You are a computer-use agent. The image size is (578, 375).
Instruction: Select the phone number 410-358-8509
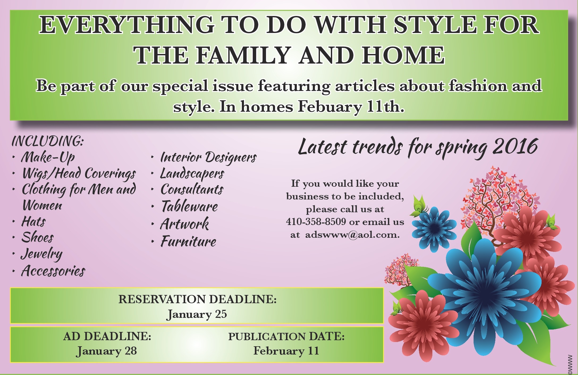(316, 222)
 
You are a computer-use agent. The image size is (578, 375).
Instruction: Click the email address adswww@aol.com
(352, 235)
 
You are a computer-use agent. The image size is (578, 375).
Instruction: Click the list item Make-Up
(48, 157)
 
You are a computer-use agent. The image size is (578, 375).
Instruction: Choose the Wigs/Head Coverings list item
(79, 174)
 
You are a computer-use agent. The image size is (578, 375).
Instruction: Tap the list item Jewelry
(42, 254)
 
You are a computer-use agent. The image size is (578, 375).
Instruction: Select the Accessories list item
(53, 271)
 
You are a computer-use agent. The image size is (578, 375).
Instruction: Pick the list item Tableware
(189, 206)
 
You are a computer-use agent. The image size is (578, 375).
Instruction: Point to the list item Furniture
(188, 241)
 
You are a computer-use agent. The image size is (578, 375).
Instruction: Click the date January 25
(196, 314)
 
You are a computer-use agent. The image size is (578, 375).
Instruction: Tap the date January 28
(106, 351)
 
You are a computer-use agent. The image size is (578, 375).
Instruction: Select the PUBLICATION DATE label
(286, 337)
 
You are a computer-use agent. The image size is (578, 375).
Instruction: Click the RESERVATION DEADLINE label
(197, 299)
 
